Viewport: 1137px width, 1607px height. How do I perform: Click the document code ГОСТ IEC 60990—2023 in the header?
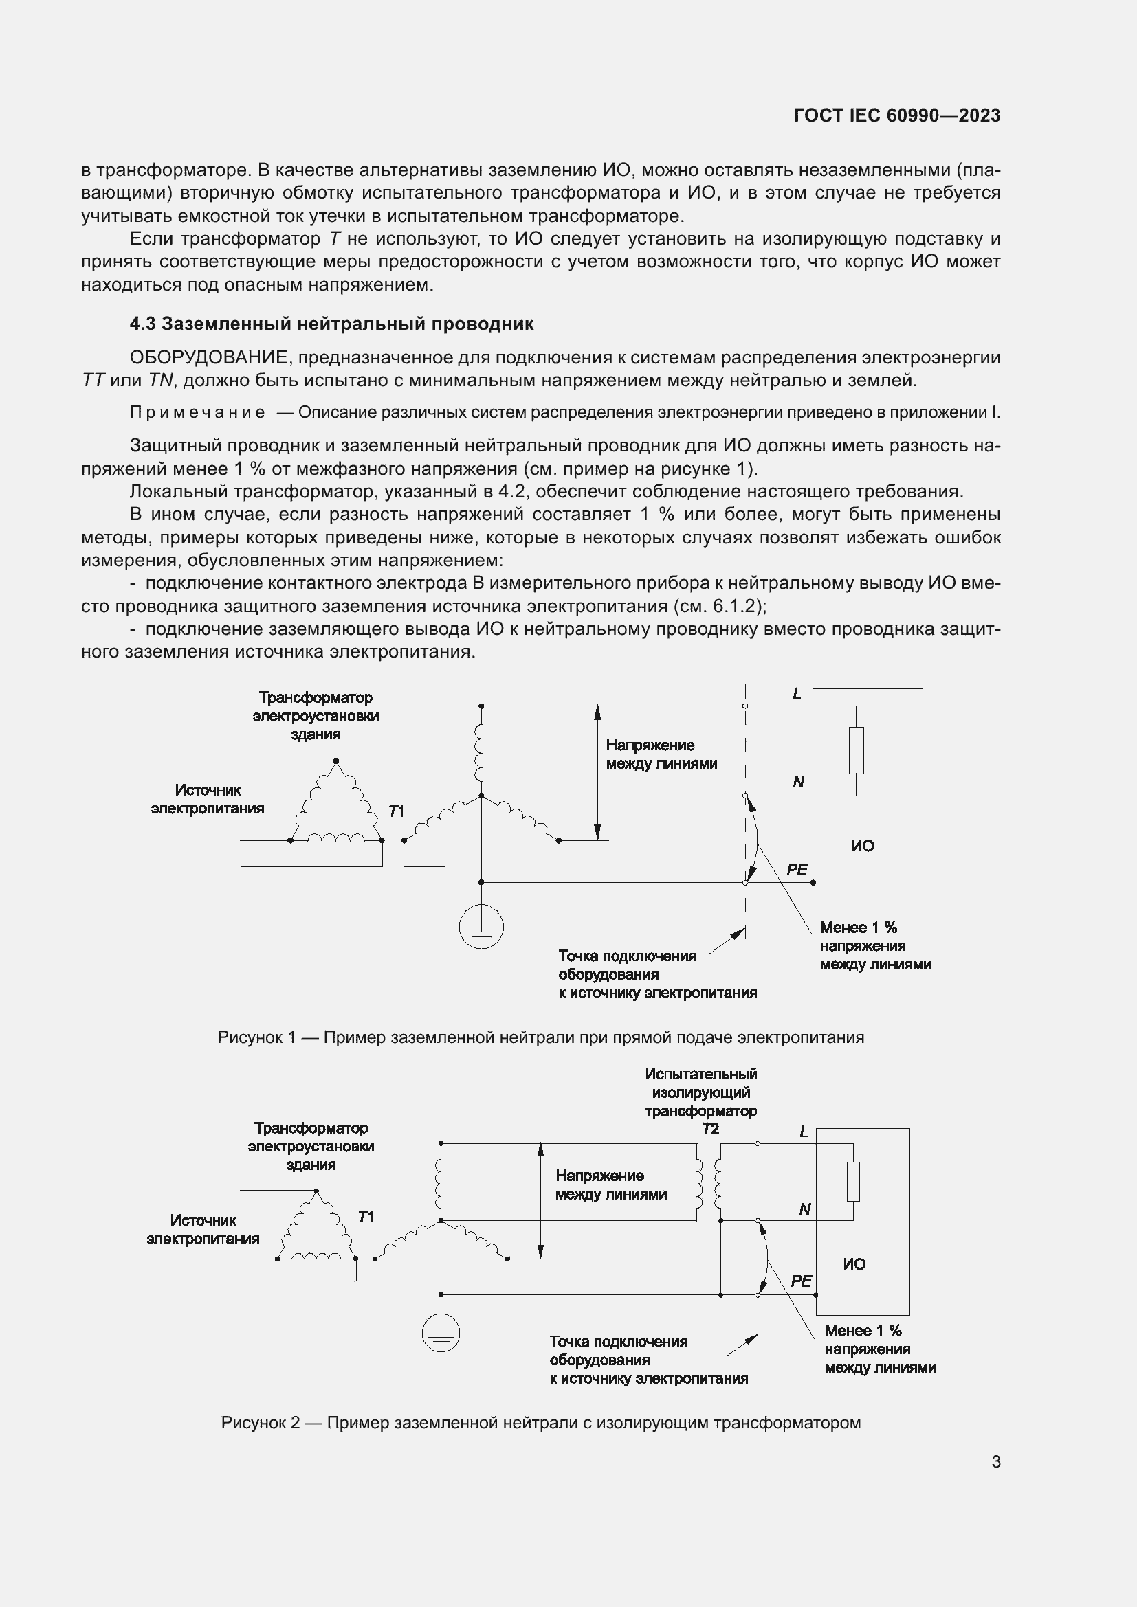(x=897, y=115)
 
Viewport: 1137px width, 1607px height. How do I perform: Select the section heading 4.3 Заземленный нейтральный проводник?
(x=331, y=324)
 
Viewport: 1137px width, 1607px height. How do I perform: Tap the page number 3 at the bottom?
(x=995, y=1461)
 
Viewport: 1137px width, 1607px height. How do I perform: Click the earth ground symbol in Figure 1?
(x=481, y=928)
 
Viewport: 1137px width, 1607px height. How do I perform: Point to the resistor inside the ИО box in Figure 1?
(x=856, y=750)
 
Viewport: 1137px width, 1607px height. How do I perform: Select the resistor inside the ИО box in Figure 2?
(x=852, y=1182)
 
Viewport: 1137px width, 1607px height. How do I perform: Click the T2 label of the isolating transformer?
(x=710, y=1129)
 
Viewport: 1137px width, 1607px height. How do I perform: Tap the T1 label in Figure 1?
(x=395, y=811)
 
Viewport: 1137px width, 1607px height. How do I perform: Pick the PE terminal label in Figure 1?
(x=797, y=870)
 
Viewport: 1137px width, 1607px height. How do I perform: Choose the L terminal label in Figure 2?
(x=804, y=1132)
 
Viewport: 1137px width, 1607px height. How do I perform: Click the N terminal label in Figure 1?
(x=798, y=782)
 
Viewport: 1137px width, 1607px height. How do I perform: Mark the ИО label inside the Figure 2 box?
(x=854, y=1264)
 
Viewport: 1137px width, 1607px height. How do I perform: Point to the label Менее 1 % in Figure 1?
(x=859, y=928)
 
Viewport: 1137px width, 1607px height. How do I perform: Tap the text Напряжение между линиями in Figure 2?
(x=610, y=1185)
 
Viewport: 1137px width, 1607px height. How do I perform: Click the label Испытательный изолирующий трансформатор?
(x=700, y=1092)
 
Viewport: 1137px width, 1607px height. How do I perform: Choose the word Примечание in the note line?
(x=197, y=412)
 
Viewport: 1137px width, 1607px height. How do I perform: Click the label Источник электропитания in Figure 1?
(x=207, y=799)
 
